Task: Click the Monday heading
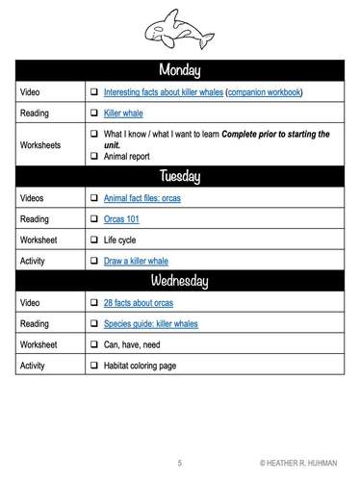coord(179,70)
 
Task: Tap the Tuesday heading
coord(179,176)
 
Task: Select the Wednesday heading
coord(179,281)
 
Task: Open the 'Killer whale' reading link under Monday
coord(123,113)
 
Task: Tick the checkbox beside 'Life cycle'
coord(94,240)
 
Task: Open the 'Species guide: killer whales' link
coord(158,323)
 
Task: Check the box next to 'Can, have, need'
coord(94,344)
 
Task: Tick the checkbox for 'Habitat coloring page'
coord(94,366)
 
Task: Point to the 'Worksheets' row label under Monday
coord(42,144)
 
